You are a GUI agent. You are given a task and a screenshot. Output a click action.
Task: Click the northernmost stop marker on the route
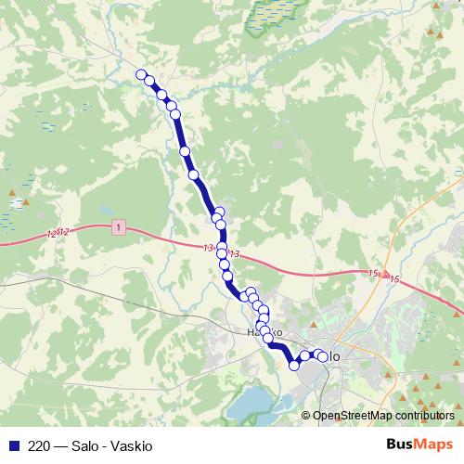coord(141,75)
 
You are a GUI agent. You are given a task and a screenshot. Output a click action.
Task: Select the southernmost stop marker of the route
coord(294,366)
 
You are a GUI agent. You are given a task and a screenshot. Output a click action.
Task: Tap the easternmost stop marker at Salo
coord(322,357)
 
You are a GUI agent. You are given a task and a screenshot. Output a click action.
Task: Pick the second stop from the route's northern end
coord(149,82)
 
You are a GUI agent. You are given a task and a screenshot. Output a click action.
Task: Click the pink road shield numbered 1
coord(119,226)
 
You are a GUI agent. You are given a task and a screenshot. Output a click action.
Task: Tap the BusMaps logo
coord(419,444)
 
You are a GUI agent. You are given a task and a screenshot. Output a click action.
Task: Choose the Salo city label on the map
coord(332,356)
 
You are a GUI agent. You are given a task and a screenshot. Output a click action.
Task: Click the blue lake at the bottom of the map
coord(251,404)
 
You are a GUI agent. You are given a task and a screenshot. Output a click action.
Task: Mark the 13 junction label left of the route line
coord(206,247)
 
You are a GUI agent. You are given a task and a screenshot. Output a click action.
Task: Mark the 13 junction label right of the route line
coord(234,253)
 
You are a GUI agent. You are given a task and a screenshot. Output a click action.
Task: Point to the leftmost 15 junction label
coord(373,273)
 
